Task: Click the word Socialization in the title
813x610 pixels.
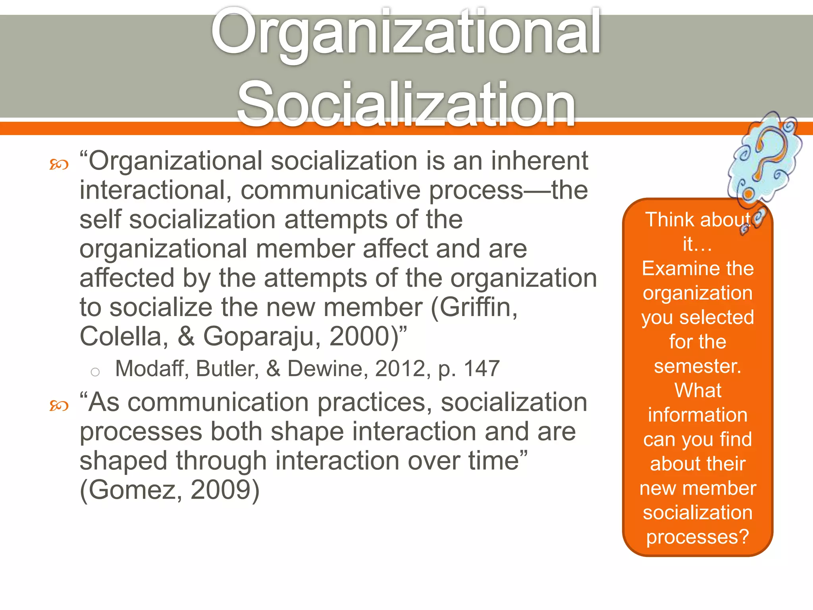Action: tap(406, 104)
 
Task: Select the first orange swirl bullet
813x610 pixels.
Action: tap(59, 164)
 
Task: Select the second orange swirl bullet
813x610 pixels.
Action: tap(59, 405)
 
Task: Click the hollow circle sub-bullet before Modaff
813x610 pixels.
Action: tap(95, 372)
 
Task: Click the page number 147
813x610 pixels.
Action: tap(482, 369)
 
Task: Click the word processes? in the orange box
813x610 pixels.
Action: tap(697, 537)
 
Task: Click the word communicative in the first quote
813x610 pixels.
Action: tap(330, 190)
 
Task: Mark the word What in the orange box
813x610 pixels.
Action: tap(697, 390)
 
